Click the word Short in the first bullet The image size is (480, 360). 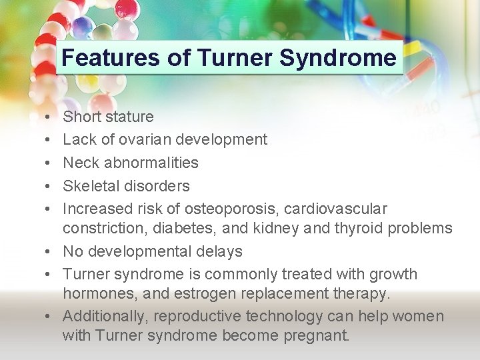(x=81, y=117)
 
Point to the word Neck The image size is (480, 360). (x=81, y=163)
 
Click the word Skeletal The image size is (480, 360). (x=89, y=185)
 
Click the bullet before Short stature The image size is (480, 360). (x=41, y=117)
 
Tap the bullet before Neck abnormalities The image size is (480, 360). (x=41, y=163)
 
